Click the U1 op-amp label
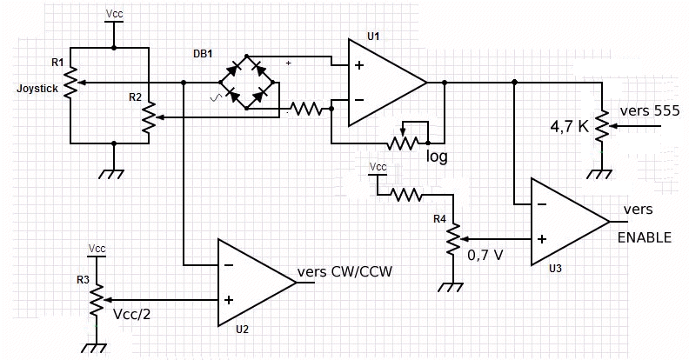point(373,36)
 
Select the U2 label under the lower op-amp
point(242,330)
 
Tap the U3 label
point(556,269)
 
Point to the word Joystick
point(36,88)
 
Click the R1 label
point(57,63)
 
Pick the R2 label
point(135,97)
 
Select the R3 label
point(81,280)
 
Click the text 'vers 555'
point(649,111)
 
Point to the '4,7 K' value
point(569,126)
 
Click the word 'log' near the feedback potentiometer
point(437,157)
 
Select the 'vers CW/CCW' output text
point(345,271)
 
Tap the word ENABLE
point(644,237)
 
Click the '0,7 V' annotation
point(485,256)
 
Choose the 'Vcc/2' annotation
point(133,314)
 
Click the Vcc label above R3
point(97,249)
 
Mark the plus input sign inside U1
point(358,65)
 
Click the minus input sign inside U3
point(541,205)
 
